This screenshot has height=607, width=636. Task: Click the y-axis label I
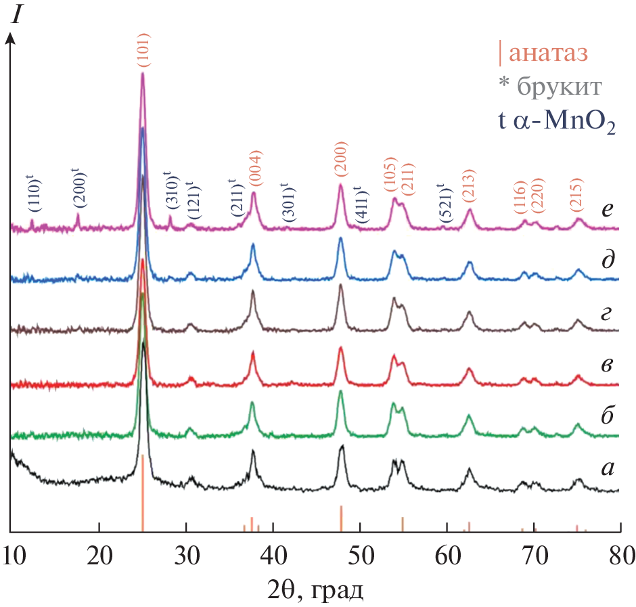[15, 16]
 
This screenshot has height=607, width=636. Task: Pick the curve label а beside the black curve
[607, 466]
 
